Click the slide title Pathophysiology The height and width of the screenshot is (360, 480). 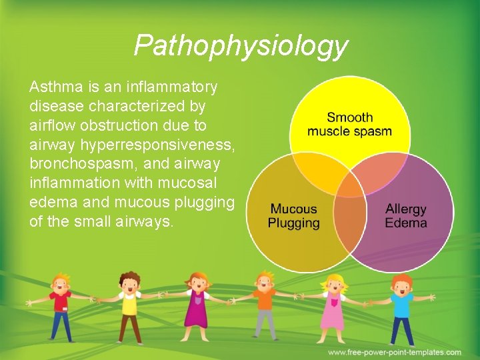240,46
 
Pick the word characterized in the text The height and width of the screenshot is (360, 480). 127,107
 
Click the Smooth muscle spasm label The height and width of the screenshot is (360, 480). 349,124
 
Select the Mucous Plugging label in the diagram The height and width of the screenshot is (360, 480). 293,216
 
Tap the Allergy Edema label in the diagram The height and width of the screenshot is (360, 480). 405,216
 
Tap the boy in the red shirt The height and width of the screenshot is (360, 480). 61,307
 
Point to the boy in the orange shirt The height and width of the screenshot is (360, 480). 265,307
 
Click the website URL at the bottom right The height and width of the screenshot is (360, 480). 394,352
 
